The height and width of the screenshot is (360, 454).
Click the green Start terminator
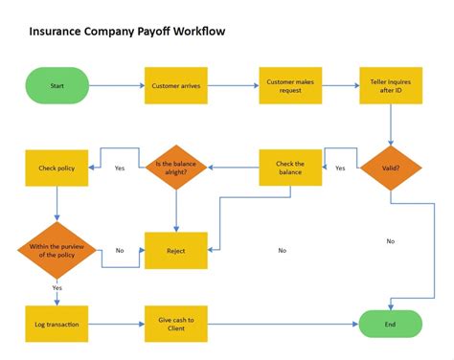click(57, 85)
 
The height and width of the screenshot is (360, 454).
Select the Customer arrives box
click(175, 85)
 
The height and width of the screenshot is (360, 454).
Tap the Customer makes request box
click(290, 85)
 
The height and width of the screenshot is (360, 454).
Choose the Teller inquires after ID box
click(390, 85)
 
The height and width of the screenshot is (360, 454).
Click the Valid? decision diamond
click(390, 168)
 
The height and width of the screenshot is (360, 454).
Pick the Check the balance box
click(290, 168)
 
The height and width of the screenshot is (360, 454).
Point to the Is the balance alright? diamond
click(175, 168)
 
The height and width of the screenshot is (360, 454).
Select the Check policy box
click(57, 168)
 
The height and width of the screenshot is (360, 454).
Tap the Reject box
click(175, 250)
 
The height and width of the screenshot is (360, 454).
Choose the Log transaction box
click(57, 324)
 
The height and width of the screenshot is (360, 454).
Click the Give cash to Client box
click(175, 324)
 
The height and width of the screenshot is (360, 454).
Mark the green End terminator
click(390, 324)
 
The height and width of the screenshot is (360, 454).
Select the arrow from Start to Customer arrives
click(116, 85)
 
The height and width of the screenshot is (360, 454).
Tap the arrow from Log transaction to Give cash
click(116, 324)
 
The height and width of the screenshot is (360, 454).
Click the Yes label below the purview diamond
click(57, 288)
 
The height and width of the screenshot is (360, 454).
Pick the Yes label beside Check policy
click(120, 169)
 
